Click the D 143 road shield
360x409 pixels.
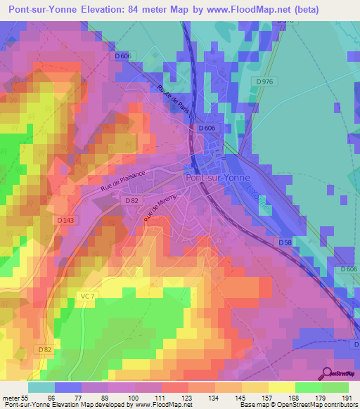click(65, 219)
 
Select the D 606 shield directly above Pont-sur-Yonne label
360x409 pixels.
click(206, 129)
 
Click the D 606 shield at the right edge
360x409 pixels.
click(349, 269)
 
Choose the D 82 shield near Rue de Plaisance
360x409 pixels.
click(131, 201)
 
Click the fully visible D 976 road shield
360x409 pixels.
click(264, 82)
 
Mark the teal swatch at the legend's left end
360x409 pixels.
click(41, 387)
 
